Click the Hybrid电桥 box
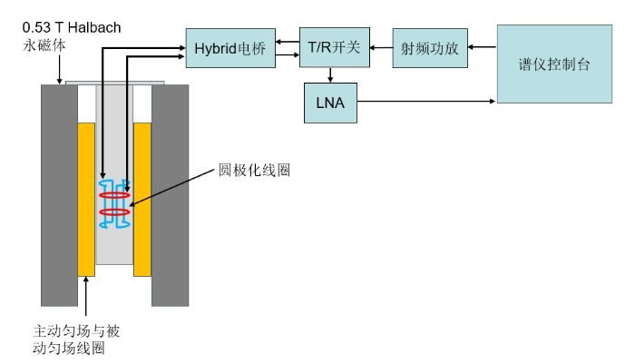(230, 48)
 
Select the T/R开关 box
(335, 47)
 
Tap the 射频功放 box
(430, 48)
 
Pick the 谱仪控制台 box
(554, 64)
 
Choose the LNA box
(330, 103)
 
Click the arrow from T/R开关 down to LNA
(330, 75)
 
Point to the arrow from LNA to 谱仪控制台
(426, 101)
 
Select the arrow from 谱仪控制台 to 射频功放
(483, 47)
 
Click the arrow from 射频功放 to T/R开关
(381, 47)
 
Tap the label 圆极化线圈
(254, 170)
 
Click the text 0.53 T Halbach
(72, 27)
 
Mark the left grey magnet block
(59, 195)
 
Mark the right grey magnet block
(171, 195)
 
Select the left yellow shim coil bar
(86, 200)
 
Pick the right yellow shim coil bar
(142, 200)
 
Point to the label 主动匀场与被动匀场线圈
(76, 339)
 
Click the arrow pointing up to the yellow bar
(86, 296)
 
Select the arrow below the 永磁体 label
(60, 69)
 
